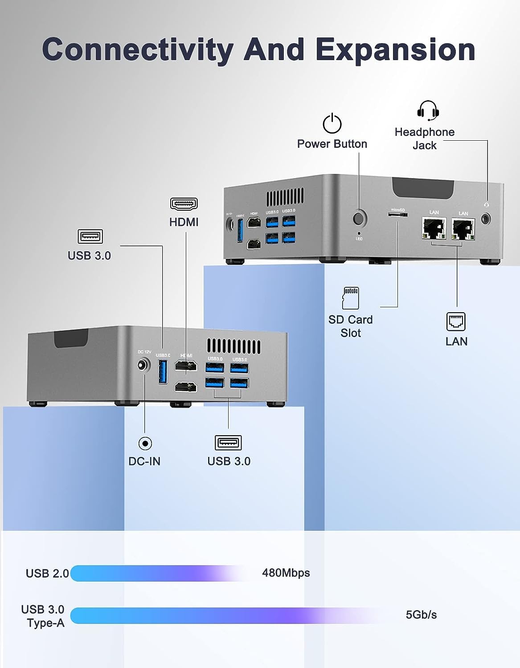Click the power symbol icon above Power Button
tap(332, 123)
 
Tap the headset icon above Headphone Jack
tap(428, 110)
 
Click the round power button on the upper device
tap(359, 218)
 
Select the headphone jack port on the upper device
tap(486, 219)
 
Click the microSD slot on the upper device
tap(397, 215)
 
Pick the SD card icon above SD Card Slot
tap(350, 298)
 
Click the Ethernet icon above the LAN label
tap(456, 322)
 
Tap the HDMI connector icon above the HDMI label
tap(184, 204)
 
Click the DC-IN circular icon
tap(145, 444)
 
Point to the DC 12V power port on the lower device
tap(143, 365)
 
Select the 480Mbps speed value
tap(286, 573)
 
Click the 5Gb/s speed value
tap(421, 615)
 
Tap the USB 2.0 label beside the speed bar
tap(47, 573)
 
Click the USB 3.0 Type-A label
tap(43, 616)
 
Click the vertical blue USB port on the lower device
tap(163, 371)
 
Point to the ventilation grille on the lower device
tap(234, 346)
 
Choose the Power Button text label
tap(332, 144)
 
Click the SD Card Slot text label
tap(351, 326)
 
